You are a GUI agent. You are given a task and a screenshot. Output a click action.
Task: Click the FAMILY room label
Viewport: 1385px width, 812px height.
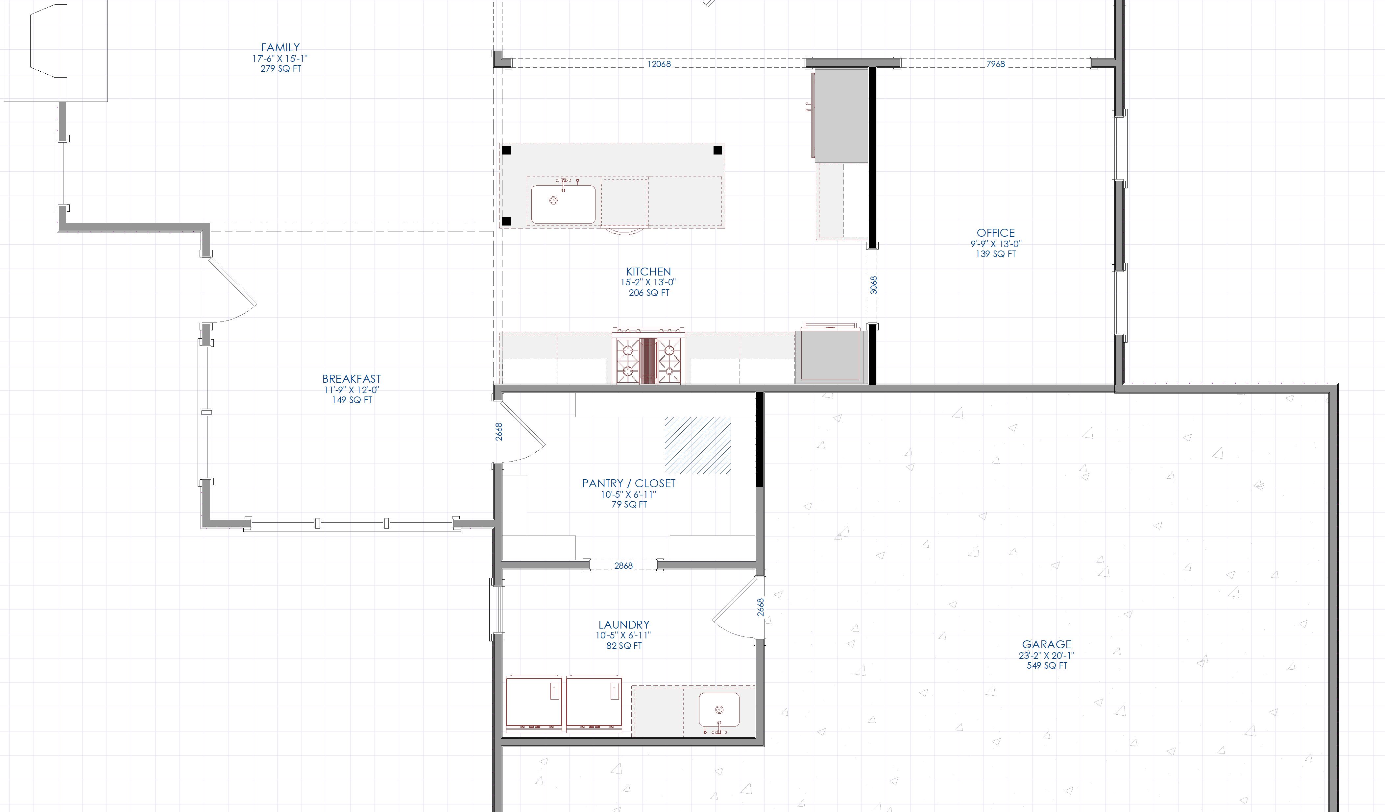[280, 48]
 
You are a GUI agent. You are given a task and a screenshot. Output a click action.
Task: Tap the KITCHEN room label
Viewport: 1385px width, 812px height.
[648, 272]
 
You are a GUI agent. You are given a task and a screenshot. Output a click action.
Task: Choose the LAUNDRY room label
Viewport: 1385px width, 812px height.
[624, 625]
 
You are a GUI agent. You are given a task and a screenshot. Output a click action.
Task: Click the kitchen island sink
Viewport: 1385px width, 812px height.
[563, 203]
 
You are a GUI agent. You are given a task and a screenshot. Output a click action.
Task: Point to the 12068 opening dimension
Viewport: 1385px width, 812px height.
[659, 64]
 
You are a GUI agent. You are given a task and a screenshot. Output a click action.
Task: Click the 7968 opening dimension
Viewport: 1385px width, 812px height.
[995, 64]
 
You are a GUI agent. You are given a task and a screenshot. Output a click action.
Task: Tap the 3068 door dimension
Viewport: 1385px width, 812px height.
[874, 285]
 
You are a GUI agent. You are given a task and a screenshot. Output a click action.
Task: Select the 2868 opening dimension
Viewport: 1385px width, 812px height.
[623, 565]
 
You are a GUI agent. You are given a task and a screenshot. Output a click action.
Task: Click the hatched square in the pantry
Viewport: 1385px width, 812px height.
[698, 445]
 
